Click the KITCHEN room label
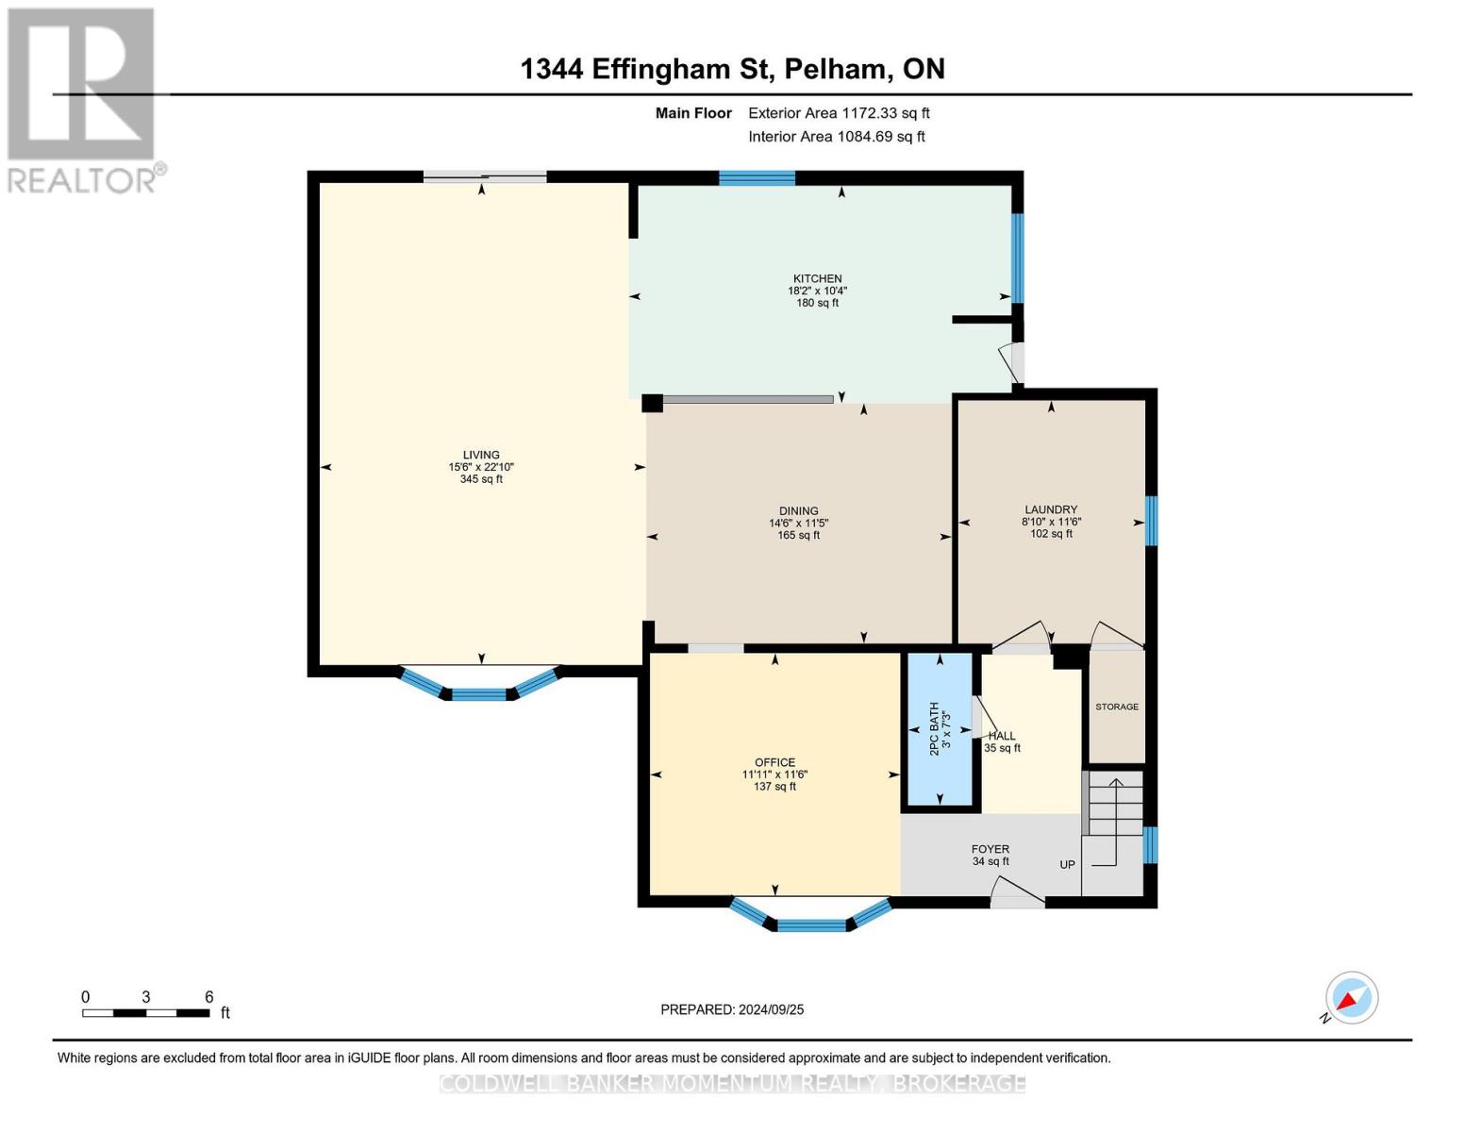tap(817, 279)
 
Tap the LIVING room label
tap(481, 456)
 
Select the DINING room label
tap(798, 511)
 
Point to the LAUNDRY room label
tap(1051, 510)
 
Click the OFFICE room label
tap(774, 763)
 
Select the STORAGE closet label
tap(1117, 707)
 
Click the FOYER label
tap(991, 849)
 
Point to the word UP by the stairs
tap(1067, 864)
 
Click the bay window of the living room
tap(480, 690)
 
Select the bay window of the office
tap(811, 920)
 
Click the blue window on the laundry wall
tap(1151, 521)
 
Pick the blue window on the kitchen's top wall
tap(757, 178)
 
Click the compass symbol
tap(1351, 998)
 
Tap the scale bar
tap(146, 1013)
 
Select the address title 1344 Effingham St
tap(732, 69)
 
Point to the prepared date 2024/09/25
tap(732, 1009)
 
